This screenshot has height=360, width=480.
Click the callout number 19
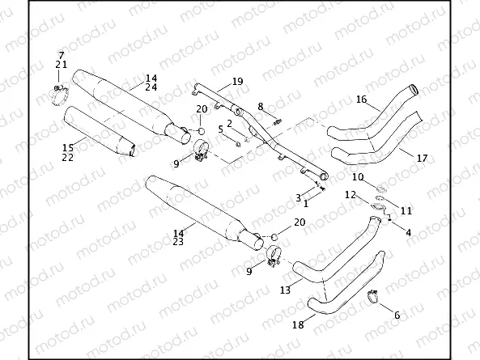click(237, 82)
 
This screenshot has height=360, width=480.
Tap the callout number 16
click(361, 100)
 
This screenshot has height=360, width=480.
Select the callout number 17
click(422, 158)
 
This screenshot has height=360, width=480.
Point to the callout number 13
click(285, 289)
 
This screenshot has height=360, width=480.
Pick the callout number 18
click(298, 324)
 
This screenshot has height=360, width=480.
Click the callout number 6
click(397, 315)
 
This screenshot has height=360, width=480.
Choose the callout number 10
click(358, 176)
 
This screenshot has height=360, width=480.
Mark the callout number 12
click(350, 194)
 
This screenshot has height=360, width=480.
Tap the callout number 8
click(261, 106)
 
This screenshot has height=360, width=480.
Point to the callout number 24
click(151, 87)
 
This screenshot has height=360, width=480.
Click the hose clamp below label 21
click(58, 96)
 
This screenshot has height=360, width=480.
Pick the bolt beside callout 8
click(278, 121)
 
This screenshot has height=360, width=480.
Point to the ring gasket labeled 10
click(381, 190)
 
